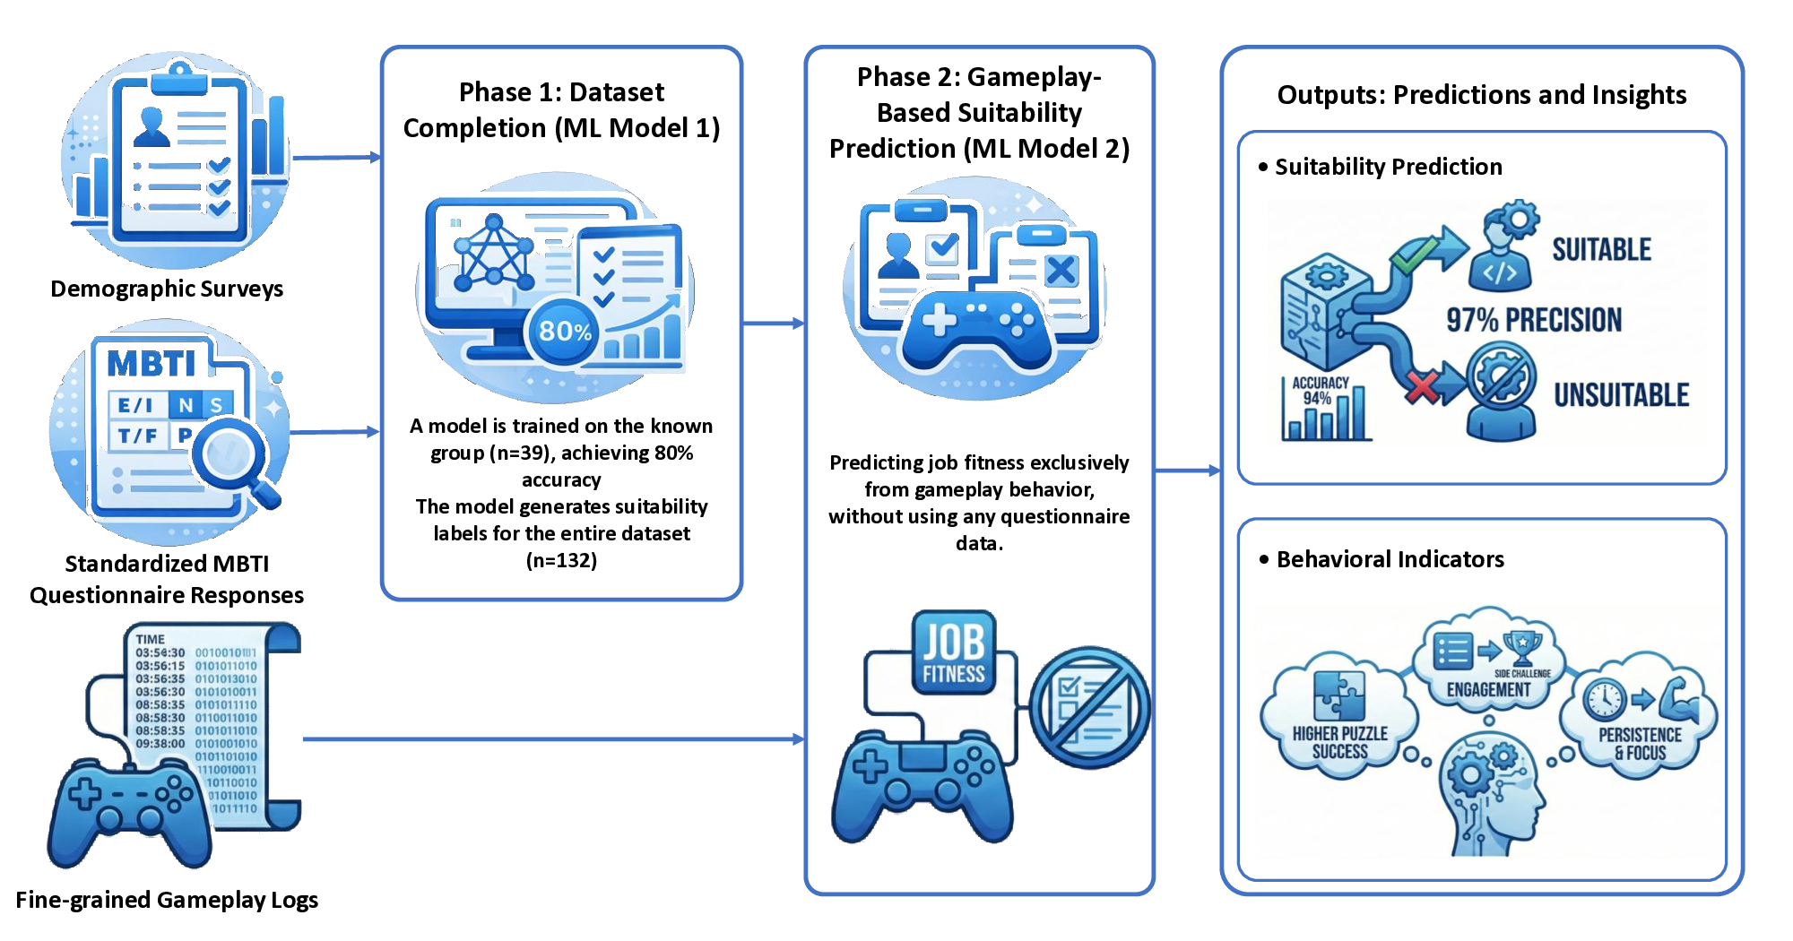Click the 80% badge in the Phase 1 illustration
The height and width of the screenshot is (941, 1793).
click(565, 332)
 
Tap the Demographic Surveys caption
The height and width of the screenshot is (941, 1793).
click(167, 289)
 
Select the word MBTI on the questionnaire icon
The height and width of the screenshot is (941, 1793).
click(152, 364)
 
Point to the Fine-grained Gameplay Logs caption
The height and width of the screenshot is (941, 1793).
click(167, 900)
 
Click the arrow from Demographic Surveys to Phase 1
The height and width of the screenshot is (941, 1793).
click(336, 158)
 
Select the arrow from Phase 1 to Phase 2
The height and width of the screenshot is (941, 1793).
click(773, 323)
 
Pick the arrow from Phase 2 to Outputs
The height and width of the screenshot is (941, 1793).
click(1187, 470)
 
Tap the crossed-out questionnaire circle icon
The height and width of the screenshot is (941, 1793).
click(1089, 708)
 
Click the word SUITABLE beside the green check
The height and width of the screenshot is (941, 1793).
click(1601, 249)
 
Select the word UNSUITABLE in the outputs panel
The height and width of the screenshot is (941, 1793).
click(1621, 395)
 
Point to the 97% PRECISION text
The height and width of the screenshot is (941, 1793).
click(1534, 320)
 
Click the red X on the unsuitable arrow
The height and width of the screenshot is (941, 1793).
click(1422, 387)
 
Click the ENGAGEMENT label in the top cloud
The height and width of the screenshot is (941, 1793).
click(1488, 689)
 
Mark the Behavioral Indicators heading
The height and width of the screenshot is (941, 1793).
click(1390, 559)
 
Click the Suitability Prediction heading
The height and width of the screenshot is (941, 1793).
click(1388, 167)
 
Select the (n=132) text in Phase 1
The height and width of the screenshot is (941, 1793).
click(561, 561)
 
